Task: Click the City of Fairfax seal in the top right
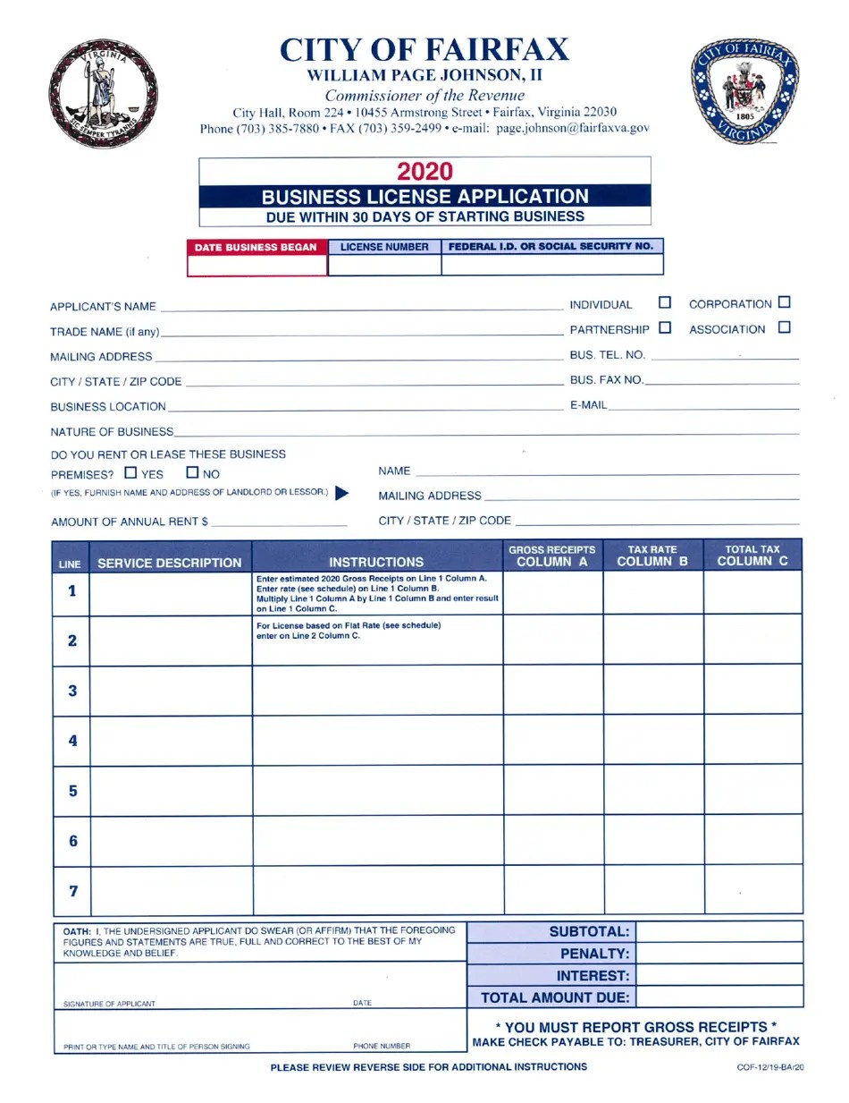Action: [744, 93]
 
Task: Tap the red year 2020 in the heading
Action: [424, 171]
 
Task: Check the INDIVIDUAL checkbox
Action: [665, 303]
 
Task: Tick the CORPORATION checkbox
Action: [785, 303]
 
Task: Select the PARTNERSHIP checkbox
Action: [665, 328]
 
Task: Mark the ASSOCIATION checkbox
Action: [785, 328]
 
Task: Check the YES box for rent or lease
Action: [131, 473]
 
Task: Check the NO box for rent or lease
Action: [192, 473]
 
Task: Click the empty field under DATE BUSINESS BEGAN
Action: [257, 266]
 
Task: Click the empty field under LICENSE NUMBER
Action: [384, 266]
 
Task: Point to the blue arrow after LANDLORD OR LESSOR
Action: [342, 493]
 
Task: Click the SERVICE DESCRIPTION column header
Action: [169, 563]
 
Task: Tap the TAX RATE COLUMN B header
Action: [652, 556]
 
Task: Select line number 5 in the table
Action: [72, 791]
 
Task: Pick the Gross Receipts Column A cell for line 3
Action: [553, 691]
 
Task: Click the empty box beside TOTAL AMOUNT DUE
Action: [719, 997]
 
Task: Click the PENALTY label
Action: [594, 954]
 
